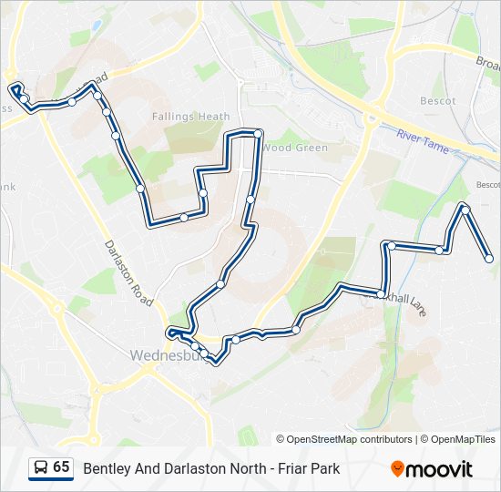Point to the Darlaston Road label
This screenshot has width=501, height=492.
coord(128,270)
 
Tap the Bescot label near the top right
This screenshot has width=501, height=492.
coord(437,101)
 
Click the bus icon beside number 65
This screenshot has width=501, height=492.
coord(41,468)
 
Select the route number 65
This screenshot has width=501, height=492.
coord(61,467)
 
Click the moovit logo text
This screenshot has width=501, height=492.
coord(442,469)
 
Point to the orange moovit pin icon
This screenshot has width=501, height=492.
coord(397,468)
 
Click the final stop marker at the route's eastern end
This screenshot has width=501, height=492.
coord(489,260)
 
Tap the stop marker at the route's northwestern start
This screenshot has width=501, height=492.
coord(15,89)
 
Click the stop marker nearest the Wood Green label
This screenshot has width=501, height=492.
coord(258,135)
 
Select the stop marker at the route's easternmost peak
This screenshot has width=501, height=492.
coord(465,210)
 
